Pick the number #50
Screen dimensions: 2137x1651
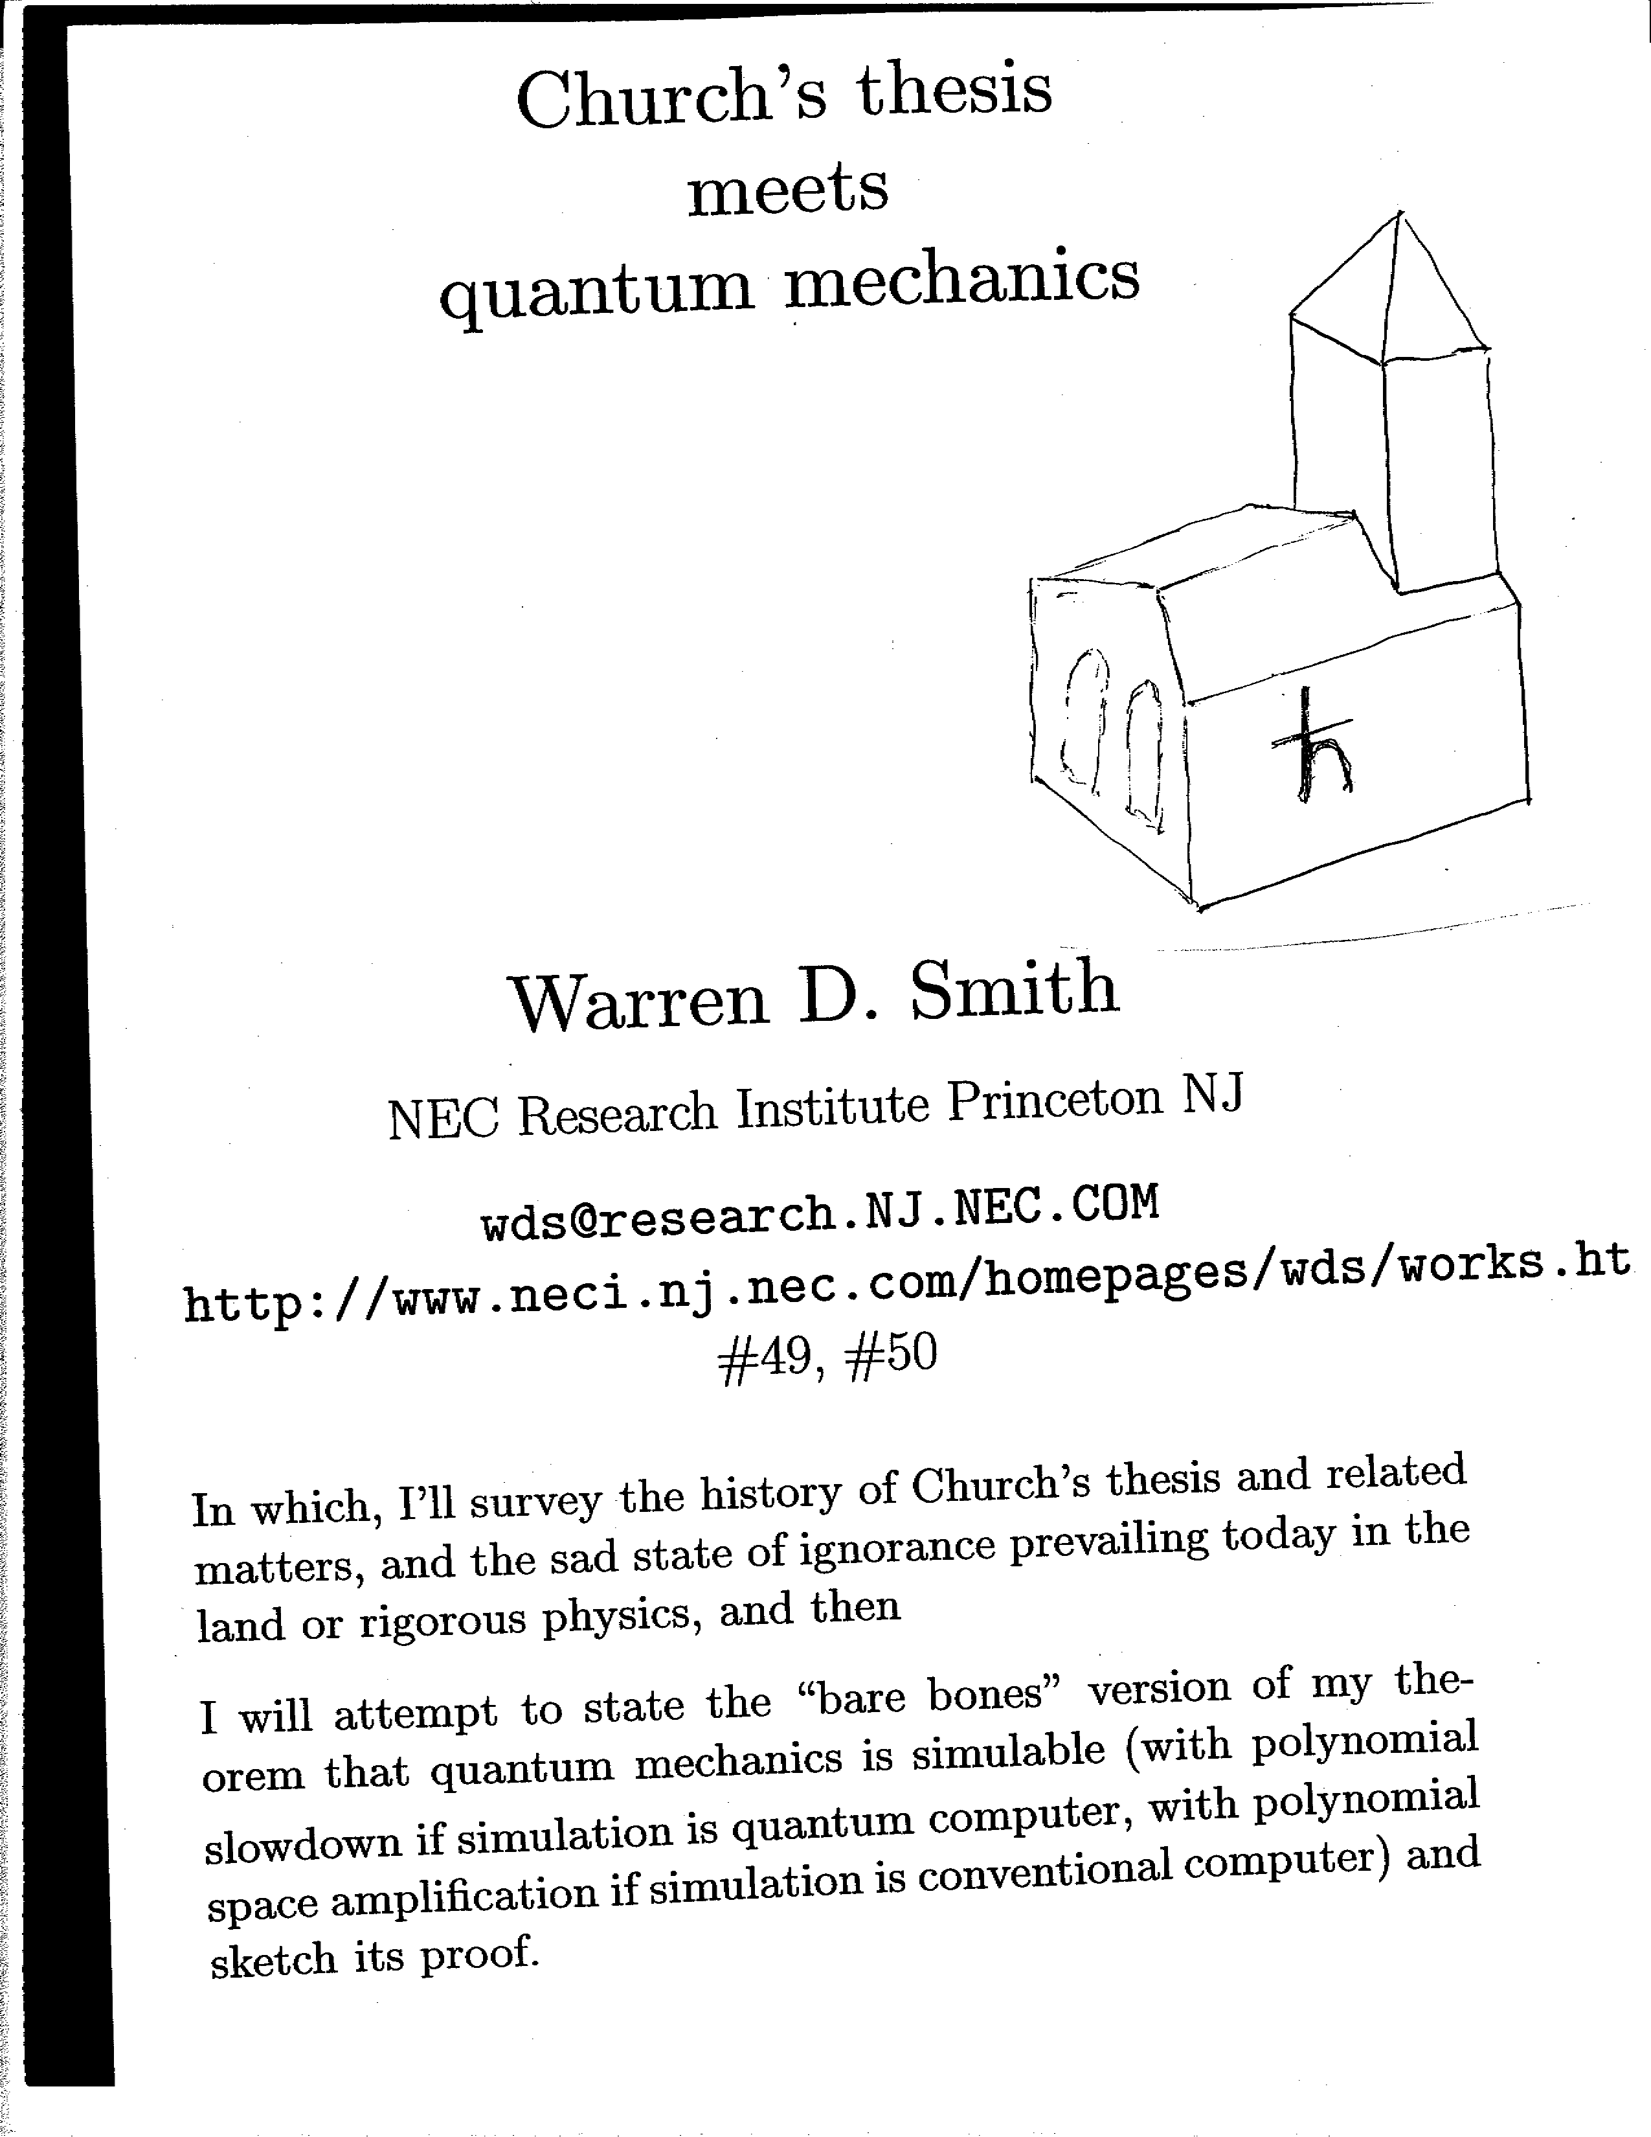(890, 1354)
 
